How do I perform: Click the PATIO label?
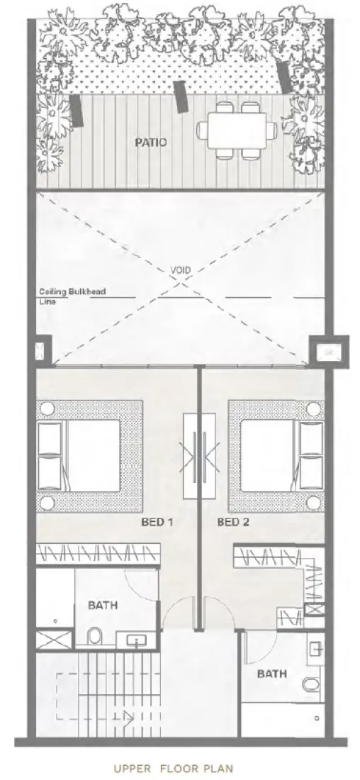pos(151,142)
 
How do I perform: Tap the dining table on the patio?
pos(237,129)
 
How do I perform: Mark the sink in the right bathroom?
pos(316,648)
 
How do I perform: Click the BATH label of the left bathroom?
pos(103,606)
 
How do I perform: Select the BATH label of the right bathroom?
pos(272,674)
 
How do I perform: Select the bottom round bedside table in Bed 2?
pos(313,503)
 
